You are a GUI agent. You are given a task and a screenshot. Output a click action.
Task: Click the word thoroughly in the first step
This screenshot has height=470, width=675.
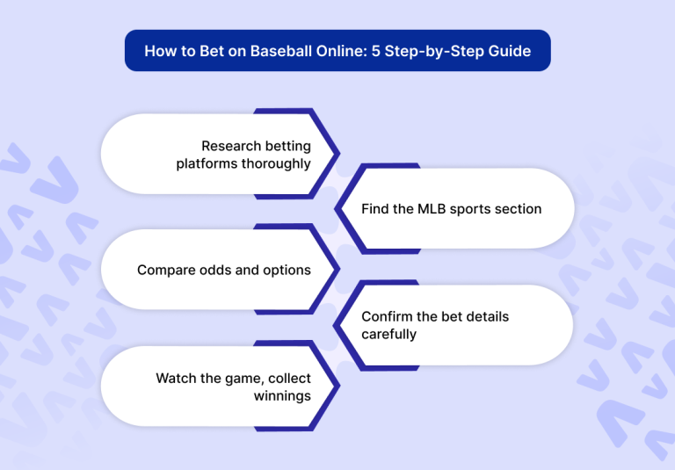276,163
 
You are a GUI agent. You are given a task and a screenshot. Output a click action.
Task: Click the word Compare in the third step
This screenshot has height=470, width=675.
166,270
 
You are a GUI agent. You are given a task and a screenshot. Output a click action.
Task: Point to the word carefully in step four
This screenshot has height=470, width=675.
388,334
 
